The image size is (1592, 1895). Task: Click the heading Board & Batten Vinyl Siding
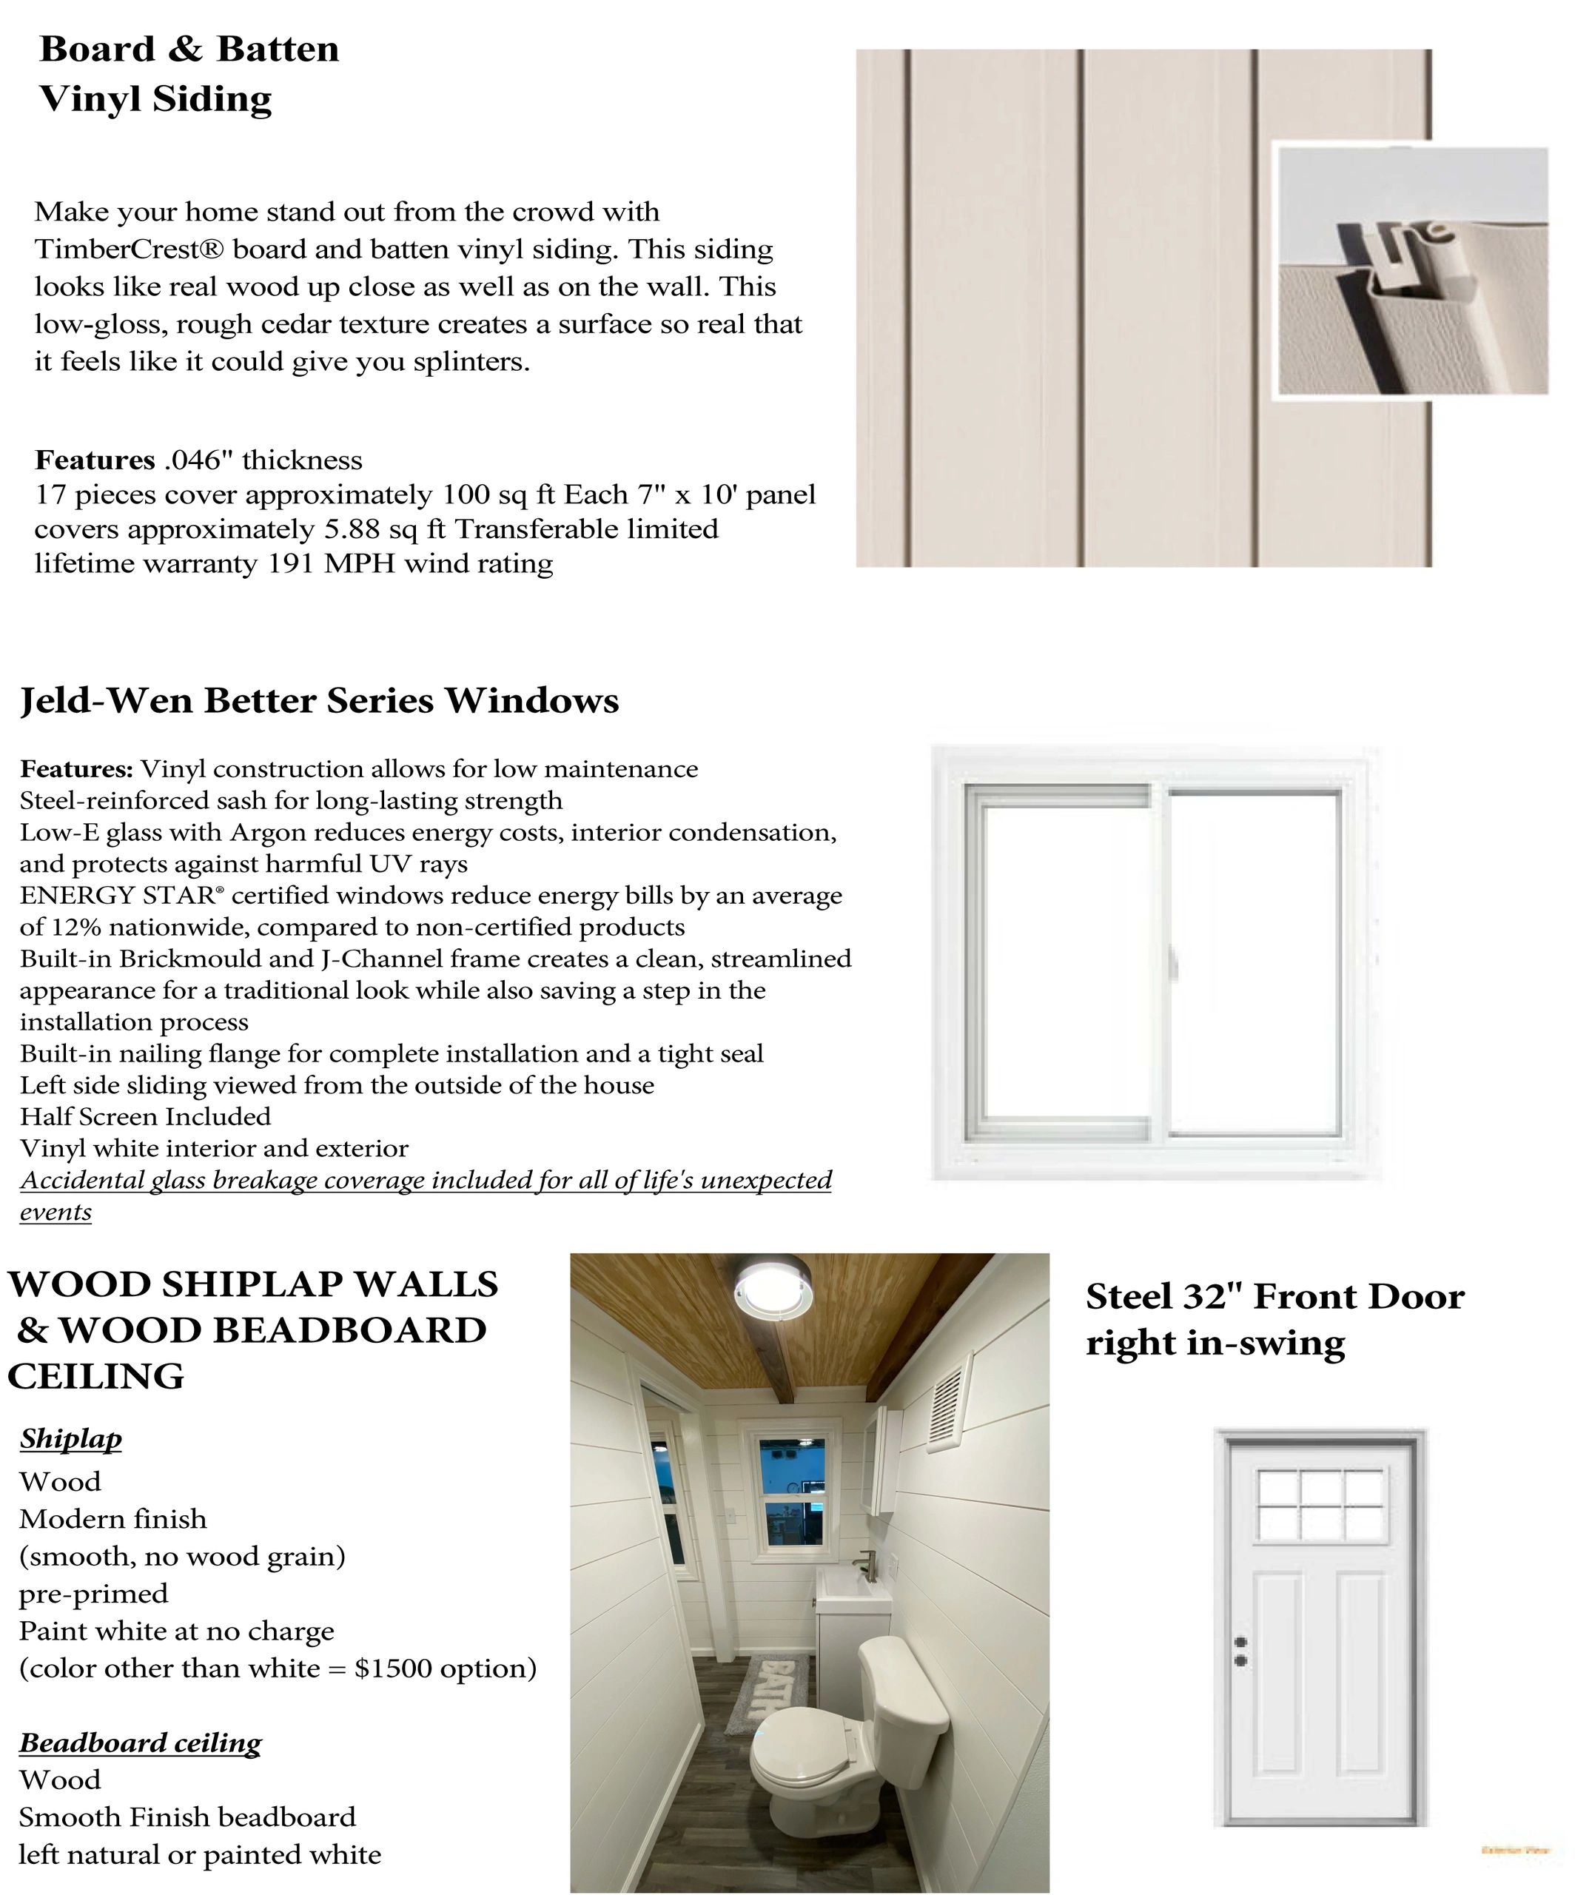click(x=189, y=73)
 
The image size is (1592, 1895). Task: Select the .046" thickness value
click(x=192, y=460)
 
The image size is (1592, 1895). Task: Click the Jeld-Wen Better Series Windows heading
click(x=320, y=700)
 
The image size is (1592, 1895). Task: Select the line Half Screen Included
click(x=145, y=1117)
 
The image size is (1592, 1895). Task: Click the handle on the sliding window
click(x=1173, y=963)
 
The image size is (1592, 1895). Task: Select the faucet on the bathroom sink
click(x=871, y=1561)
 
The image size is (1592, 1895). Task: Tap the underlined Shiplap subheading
click(x=70, y=1438)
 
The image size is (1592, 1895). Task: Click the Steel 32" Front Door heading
click(x=1274, y=1319)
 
